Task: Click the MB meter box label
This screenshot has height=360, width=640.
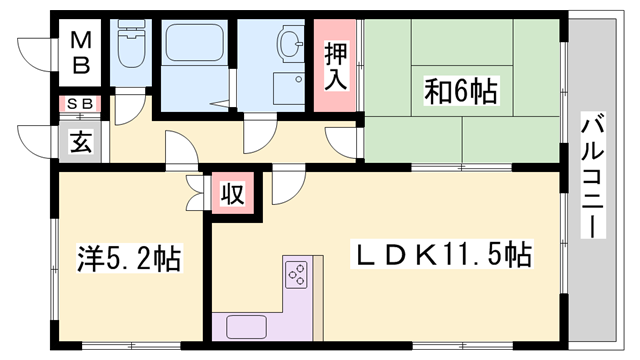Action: pyautogui.click(x=82, y=54)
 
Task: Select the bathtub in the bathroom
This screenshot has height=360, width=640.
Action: pyautogui.click(x=195, y=44)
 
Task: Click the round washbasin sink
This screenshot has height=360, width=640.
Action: pyautogui.click(x=291, y=44)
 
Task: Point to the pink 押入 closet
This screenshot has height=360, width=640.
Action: pyautogui.click(x=337, y=66)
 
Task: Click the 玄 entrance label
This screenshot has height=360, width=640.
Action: pyautogui.click(x=81, y=141)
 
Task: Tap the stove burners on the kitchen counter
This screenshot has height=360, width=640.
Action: pyautogui.click(x=297, y=271)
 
